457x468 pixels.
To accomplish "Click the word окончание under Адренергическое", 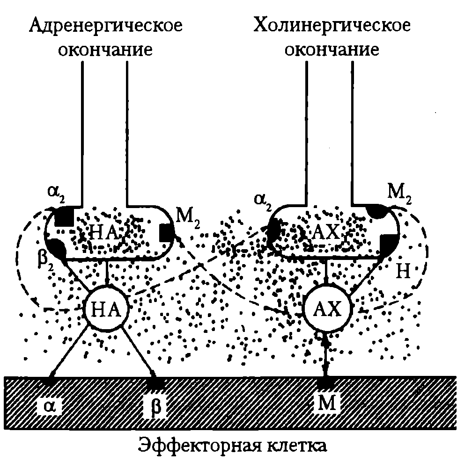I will [x=106, y=50].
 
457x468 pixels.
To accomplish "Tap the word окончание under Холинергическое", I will [x=332, y=50].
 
